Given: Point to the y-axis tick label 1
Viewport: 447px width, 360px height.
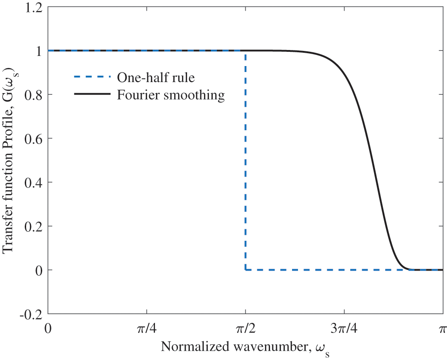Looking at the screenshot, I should coord(39,51).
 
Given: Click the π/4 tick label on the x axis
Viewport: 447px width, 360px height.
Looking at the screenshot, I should coord(146,329).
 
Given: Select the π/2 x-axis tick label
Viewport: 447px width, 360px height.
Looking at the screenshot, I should coord(245,329).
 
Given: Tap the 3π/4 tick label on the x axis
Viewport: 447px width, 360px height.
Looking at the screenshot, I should coord(344,329).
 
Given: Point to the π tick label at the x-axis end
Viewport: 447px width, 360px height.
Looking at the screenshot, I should coord(442,329).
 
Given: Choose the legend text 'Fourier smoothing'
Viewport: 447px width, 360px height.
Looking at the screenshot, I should coord(171,95).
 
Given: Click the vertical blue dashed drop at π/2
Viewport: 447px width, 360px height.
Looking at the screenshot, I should coord(245,161).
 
